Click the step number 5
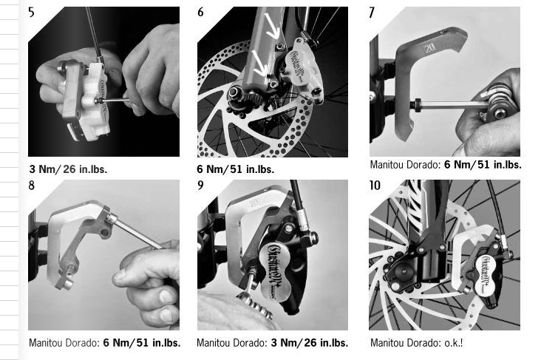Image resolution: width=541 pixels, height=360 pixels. coord(31,13)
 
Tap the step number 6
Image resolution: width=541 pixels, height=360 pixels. coord(200,12)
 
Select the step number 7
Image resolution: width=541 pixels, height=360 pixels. coord(372,13)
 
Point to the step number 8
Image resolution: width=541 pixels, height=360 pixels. coord(31,186)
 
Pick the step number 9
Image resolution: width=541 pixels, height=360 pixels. coord(200,186)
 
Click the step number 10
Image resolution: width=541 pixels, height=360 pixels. coord(375,186)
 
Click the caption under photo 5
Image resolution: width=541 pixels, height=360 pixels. coord(68,169)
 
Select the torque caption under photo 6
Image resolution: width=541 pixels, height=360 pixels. coord(236,169)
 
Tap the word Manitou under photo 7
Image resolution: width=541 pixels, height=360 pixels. coord(387,165)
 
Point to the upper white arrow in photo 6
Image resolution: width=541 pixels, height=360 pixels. coord(272,27)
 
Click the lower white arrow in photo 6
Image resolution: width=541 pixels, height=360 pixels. coord(261,63)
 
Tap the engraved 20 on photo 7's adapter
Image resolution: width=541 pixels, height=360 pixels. coord(429,47)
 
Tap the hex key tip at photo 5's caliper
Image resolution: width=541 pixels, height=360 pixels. coord(99,100)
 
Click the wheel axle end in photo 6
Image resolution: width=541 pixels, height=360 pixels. coord(234,92)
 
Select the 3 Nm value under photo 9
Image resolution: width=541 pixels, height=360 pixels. coord(283,343)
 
